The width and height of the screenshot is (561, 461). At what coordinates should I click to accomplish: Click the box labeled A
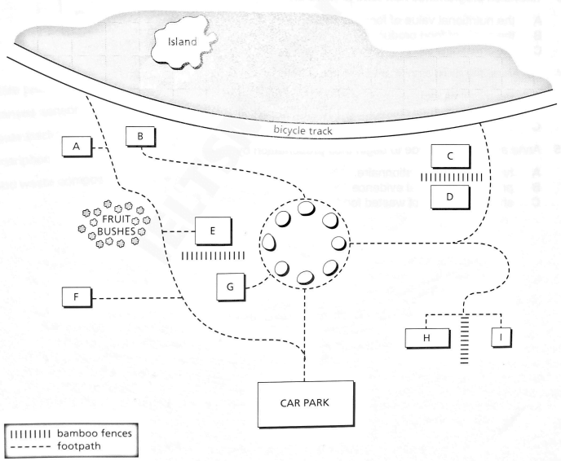pos(77,147)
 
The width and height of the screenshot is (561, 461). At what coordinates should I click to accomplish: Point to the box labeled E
pos(212,231)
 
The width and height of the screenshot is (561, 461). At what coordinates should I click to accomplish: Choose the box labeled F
pos(76,296)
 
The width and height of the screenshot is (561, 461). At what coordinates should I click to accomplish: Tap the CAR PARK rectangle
pos(307,403)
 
